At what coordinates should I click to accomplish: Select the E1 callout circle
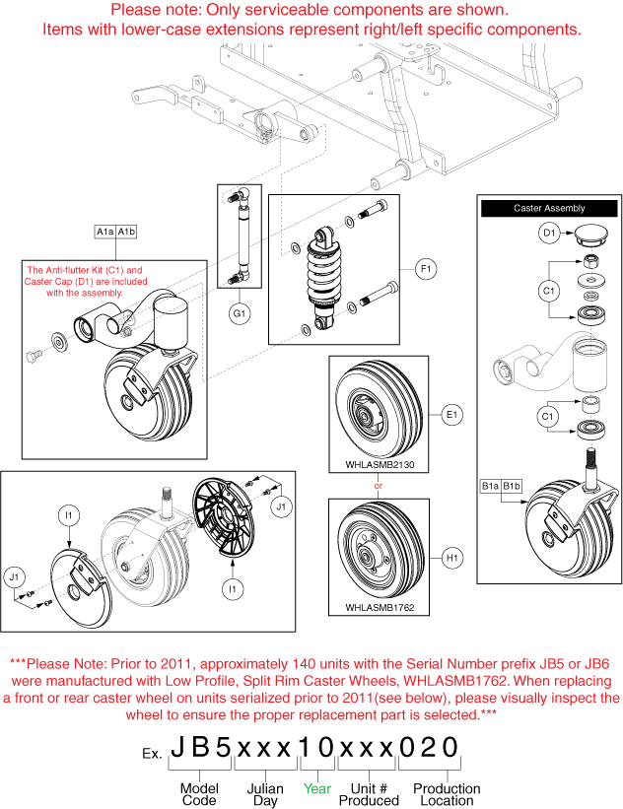452,415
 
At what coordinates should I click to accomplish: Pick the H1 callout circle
452,559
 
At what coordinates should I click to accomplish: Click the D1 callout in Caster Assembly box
550,234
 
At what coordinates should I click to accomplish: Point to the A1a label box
105,232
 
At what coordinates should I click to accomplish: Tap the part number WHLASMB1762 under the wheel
379,608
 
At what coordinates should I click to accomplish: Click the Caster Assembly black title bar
549,208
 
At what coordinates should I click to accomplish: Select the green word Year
315,788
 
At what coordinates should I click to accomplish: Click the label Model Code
199,794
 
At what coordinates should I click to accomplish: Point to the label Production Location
447,794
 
